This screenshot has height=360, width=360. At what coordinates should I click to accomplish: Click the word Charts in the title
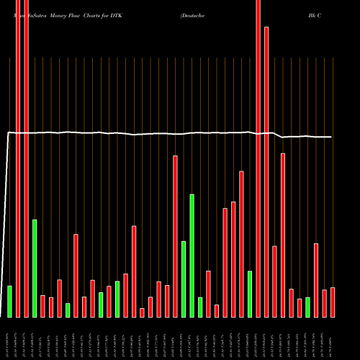[x=93, y=14]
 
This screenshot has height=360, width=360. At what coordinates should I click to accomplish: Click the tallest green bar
[x=192, y=256]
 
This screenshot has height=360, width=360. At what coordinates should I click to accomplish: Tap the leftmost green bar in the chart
[x=9, y=302]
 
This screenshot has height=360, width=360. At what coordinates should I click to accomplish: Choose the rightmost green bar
[x=307, y=307]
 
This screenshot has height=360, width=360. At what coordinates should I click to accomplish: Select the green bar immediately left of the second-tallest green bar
[x=9, y=302]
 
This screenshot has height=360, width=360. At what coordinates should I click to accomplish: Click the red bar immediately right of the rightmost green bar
[x=316, y=280]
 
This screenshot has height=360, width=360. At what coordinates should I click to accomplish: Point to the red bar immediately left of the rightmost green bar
[x=300, y=307]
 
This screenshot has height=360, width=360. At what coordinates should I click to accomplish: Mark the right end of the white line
[x=332, y=137]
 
